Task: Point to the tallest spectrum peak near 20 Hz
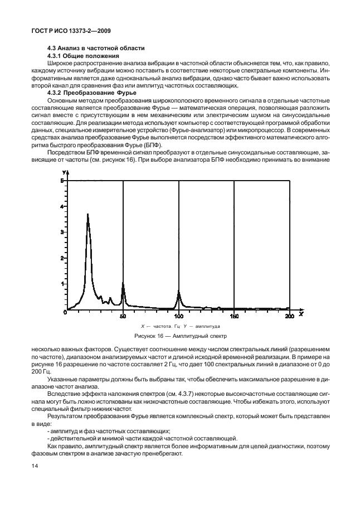(87, 215)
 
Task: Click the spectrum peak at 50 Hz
(123, 285)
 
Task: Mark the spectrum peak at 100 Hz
(178, 292)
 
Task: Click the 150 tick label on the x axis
(234, 317)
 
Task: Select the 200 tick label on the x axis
(289, 317)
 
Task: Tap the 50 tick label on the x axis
(123, 317)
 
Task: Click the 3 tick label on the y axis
(62, 232)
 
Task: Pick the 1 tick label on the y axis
(62, 283)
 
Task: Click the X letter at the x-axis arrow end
(300, 314)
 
